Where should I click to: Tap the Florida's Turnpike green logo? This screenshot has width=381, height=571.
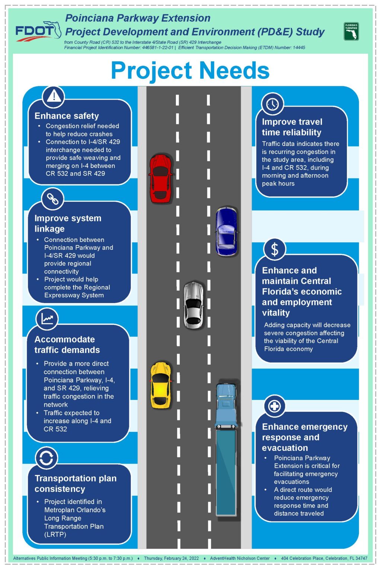(351, 32)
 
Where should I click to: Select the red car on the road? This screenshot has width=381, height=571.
(160, 178)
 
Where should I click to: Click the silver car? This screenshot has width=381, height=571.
(194, 305)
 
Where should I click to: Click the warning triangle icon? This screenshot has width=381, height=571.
(54, 96)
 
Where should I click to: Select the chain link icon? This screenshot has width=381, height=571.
(53, 199)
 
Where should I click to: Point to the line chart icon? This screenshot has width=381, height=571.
(47, 319)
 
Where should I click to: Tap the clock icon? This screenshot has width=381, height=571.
(273, 104)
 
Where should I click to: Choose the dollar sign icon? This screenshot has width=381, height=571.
(275, 249)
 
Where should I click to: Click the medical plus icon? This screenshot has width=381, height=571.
(275, 406)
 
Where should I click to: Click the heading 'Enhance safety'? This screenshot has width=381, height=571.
(67, 116)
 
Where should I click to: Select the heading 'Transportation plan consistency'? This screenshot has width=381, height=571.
(76, 484)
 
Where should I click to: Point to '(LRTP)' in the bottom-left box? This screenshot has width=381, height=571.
(55, 535)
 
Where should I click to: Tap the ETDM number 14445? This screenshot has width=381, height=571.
(299, 48)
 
